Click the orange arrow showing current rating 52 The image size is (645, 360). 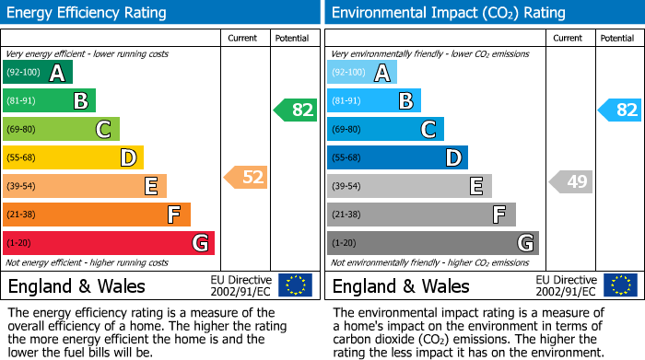(246, 177)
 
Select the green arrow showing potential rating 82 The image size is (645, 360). (296, 110)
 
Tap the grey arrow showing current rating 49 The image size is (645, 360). (570, 181)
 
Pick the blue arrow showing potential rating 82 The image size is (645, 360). (620, 110)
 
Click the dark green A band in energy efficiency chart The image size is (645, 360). (38, 73)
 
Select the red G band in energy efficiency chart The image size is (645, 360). (109, 243)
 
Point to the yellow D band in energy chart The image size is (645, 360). (73, 157)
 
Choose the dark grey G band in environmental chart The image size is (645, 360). (432, 243)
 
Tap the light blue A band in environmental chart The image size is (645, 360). (362, 73)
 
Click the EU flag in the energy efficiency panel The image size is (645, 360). (295, 285)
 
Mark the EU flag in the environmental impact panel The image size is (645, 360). (620, 285)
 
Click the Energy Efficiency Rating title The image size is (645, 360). (88, 13)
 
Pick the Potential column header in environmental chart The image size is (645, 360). (616, 38)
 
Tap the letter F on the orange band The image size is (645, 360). (173, 215)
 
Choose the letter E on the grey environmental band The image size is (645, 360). (475, 186)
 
